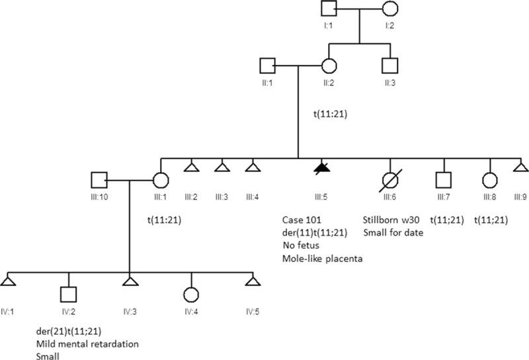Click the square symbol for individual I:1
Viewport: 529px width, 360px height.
click(x=330, y=11)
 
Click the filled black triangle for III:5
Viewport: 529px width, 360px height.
click(x=321, y=168)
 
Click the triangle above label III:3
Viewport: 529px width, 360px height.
click(x=221, y=168)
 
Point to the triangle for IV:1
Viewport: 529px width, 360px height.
click(x=8, y=281)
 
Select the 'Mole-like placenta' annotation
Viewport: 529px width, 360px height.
click(x=321, y=257)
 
